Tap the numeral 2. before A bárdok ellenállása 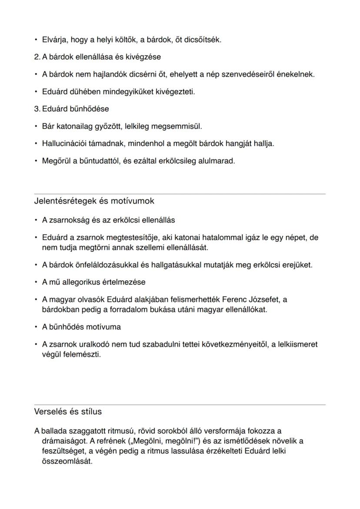pos(37,57)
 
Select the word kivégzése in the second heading pos(146,57)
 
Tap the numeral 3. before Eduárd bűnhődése pos(37,109)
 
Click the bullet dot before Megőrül pos(36,161)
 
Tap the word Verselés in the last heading pos(49,411)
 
